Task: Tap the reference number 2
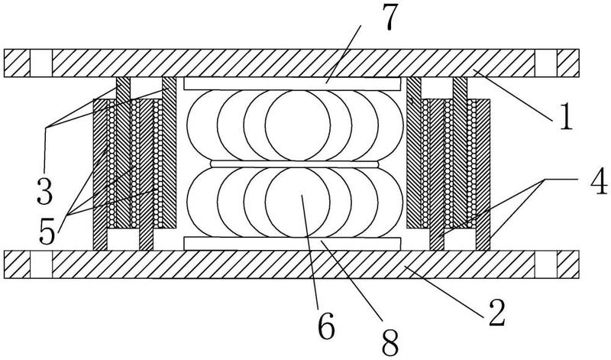tap(496, 312)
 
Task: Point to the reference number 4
tap(598, 180)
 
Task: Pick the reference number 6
tap(326, 326)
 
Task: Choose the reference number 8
tap(390, 342)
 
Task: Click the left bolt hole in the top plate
tap(41, 63)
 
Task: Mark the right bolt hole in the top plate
tap(545, 63)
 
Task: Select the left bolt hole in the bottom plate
tap(41, 264)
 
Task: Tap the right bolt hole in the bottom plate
tap(545, 264)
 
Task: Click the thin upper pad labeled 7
tap(293, 84)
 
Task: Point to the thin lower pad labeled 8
tap(293, 244)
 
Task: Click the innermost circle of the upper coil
tap(298, 125)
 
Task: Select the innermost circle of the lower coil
tap(298, 203)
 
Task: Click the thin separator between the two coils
tap(295, 164)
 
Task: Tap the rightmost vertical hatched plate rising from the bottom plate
tap(483, 175)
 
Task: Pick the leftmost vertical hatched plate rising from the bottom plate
tap(100, 175)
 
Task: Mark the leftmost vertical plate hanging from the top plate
tap(123, 153)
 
